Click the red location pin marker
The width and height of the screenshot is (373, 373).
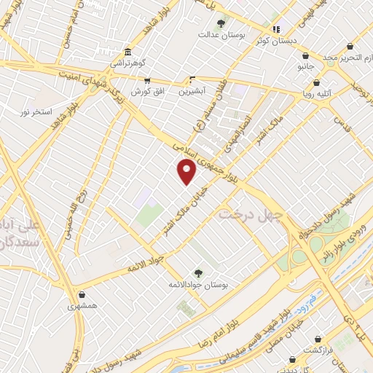tap(187, 171)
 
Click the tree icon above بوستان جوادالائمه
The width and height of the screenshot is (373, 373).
tap(197, 273)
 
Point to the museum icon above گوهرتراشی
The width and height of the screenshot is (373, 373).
tap(128, 52)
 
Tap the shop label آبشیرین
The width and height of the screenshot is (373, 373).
tap(193, 91)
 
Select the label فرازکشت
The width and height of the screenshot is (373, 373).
tap(318, 350)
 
